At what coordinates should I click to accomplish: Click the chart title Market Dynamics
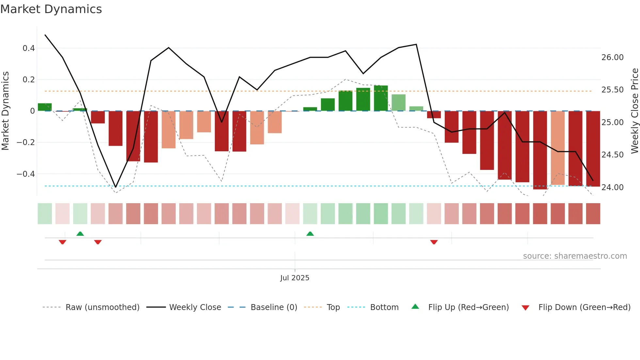[x=51, y=9]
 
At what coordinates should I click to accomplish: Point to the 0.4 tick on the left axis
[x=29, y=48]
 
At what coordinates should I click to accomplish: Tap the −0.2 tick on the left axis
[x=26, y=142]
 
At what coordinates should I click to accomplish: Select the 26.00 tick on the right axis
[x=612, y=57]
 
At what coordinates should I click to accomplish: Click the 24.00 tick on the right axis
[x=612, y=188]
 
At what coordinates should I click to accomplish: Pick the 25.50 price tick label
[x=612, y=90]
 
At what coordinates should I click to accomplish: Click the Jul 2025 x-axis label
[x=295, y=278]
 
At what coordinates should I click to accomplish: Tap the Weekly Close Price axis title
[x=634, y=110]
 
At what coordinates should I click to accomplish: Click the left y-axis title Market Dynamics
[x=5, y=110]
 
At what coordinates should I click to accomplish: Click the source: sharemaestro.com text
[x=575, y=256]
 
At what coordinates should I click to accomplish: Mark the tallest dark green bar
[x=381, y=98]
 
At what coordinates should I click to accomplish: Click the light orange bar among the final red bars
[x=558, y=148]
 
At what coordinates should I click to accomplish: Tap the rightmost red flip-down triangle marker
[x=434, y=242]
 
